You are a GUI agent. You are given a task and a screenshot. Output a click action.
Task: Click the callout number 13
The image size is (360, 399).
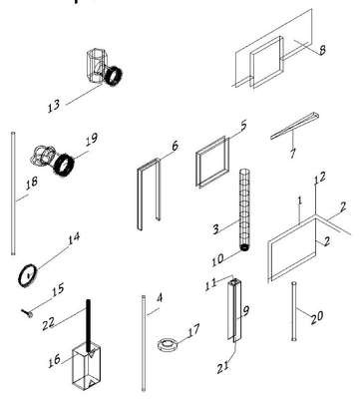54,106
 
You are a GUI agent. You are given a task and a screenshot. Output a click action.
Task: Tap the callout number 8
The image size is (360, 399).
322,50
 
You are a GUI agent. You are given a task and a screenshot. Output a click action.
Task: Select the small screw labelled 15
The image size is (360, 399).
28,313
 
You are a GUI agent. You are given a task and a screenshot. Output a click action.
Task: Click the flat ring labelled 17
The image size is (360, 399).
168,344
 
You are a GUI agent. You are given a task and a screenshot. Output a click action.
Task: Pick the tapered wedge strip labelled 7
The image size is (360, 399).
294,126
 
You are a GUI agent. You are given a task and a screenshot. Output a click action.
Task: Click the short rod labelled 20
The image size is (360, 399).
294,311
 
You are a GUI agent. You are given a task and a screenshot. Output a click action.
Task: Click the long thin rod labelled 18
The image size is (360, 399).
13,194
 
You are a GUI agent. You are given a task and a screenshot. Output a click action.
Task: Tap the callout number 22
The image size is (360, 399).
48,323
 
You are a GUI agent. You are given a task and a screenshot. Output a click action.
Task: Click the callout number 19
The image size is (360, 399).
92,139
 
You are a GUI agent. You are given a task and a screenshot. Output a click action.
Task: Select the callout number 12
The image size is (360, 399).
319,178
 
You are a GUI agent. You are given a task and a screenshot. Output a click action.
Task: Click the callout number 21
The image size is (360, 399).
223,367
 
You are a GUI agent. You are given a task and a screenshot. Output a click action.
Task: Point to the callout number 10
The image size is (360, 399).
218,260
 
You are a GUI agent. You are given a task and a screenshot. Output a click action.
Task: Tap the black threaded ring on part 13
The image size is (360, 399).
115,76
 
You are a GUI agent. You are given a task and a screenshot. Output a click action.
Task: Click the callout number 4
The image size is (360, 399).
160,298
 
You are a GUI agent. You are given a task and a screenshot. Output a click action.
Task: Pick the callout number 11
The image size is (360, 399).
210,284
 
